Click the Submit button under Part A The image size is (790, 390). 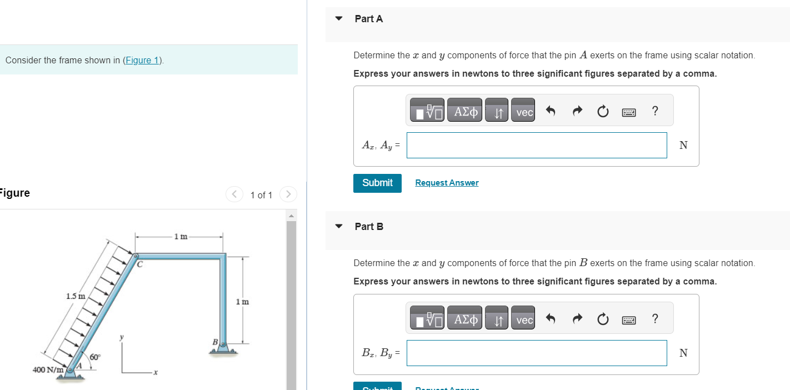click(x=377, y=183)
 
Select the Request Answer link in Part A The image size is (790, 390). click(x=447, y=183)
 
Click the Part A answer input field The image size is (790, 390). click(x=537, y=145)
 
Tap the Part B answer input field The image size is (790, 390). click(x=537, y=353)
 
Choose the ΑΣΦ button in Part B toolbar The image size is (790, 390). click(x=466, y=319)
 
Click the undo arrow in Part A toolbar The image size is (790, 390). click(x=551, y=112)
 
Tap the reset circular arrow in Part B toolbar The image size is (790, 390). click(x=603, y=319)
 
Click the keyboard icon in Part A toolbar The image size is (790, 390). click(x=629, y=112)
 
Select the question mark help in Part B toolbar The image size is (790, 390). click(x=655, y=319)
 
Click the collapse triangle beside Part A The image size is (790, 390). click(x=339, y=18)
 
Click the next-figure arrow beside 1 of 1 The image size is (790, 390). click(x=288, y=194)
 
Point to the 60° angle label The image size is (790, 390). click(x=95, y=357)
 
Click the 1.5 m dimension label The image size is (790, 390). click(x=76, y=296)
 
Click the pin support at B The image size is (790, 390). click(x=223, y=346)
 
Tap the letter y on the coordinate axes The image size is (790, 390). click(x=122, y=337)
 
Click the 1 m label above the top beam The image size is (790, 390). click(x=181, y=237)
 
